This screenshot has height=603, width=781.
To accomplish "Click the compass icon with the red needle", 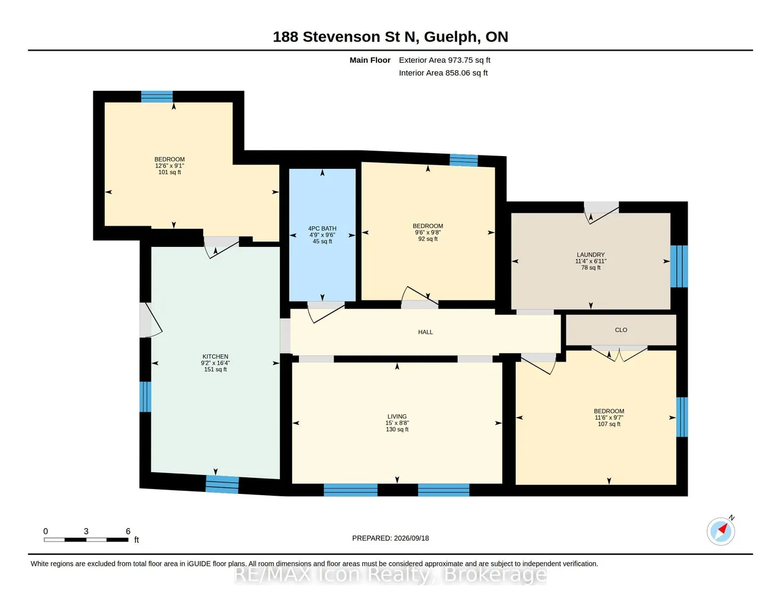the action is click(x=721, y=532).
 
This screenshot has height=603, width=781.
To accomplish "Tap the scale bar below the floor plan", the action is click(x=86, y=540).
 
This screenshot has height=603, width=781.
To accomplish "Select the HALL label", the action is click(x=425, y=332).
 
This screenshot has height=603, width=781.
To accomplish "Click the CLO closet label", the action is click(x=621, y=330).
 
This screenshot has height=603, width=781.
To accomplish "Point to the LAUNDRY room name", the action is click(x=591, y=255).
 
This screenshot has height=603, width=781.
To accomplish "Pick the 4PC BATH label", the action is click(x=322, y=229).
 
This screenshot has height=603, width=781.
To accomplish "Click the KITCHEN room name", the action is click(x=215, y=356).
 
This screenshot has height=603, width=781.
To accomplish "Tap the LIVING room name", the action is click(x=397, y=416).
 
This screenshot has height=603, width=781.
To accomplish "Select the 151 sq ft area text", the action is click(x=215, y=369).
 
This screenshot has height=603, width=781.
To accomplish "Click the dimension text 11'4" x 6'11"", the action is click(x=591, y=261).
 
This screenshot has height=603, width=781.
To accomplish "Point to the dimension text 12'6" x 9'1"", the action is click(x=169, y=166).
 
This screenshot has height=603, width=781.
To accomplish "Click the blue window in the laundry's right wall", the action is click(x=679, y=266).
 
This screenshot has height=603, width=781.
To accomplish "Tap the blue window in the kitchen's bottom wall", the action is click(x=221, y=484).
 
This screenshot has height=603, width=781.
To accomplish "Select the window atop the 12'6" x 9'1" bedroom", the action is click(x=157, y=96).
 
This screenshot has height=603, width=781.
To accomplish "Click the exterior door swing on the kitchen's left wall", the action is click(x=151, y=320).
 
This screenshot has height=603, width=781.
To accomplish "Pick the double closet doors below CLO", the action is click(x=619, y=354).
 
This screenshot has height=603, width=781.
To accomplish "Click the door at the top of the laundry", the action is click(x=601, y=213).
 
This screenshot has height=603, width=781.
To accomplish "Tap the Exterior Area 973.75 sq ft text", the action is click(x=444, y=60).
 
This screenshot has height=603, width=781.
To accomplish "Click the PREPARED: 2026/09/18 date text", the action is click(x=390, y=538).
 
